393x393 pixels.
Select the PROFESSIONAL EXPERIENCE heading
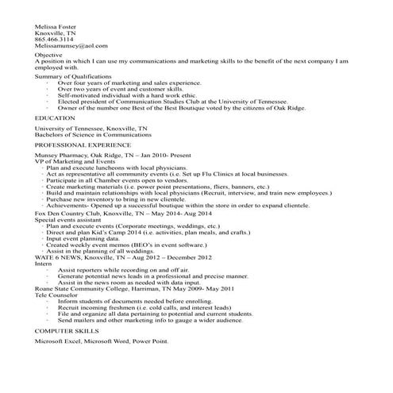tap(83, 146)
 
